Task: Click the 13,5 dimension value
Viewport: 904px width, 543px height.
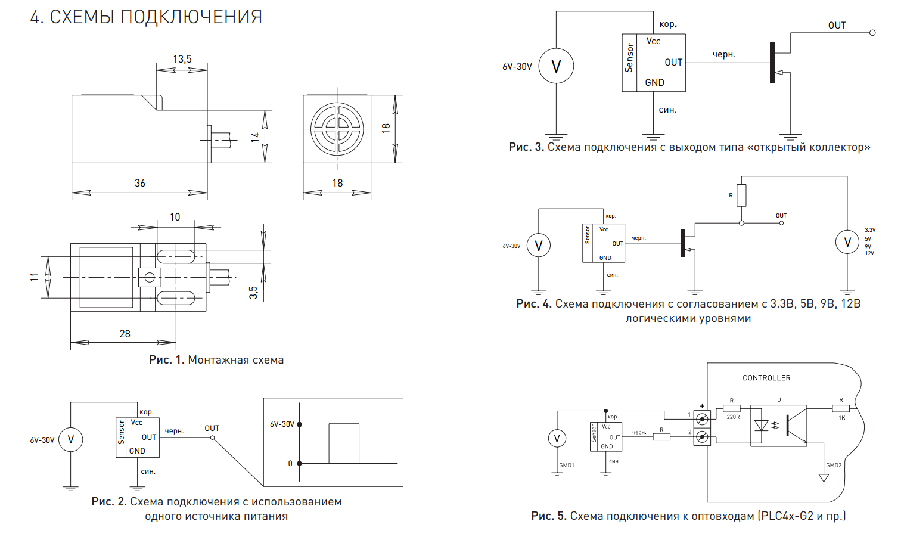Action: click(x=182, y=59)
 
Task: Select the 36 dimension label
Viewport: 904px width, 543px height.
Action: click(x=140, y=183)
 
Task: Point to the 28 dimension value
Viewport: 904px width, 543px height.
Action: click(x=125, y=334)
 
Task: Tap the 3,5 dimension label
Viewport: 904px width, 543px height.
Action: click(x=253, y=292)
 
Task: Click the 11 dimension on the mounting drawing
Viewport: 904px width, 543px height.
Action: click(x=35, y=277)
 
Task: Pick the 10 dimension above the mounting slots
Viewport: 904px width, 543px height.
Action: click(x=175, y=217)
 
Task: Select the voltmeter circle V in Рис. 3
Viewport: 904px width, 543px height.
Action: click(x=556, y=66)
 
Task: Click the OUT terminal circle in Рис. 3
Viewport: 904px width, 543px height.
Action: click(x=872, y=33)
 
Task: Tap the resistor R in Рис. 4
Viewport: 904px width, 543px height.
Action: click(x=741, y=196)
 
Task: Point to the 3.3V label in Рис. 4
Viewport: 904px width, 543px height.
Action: click(x=870, y=230)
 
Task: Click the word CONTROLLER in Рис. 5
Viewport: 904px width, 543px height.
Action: click(x=766, y=378)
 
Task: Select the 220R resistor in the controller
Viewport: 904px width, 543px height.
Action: click(x=732, y=409)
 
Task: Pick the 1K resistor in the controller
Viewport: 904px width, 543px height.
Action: click(x=841, y=409)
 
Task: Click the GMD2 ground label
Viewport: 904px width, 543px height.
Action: click(x=834, y=466)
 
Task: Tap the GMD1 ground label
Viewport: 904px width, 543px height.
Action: click(x=567, y=466)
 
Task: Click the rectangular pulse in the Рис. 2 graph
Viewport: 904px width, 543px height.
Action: click(x=344, y=443)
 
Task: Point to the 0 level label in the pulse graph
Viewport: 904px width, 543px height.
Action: click(x=290, y=463)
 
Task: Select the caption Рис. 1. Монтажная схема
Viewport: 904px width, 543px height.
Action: click(x=216, y=360)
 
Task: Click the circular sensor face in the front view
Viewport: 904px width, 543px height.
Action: click(x=337, y=129)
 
